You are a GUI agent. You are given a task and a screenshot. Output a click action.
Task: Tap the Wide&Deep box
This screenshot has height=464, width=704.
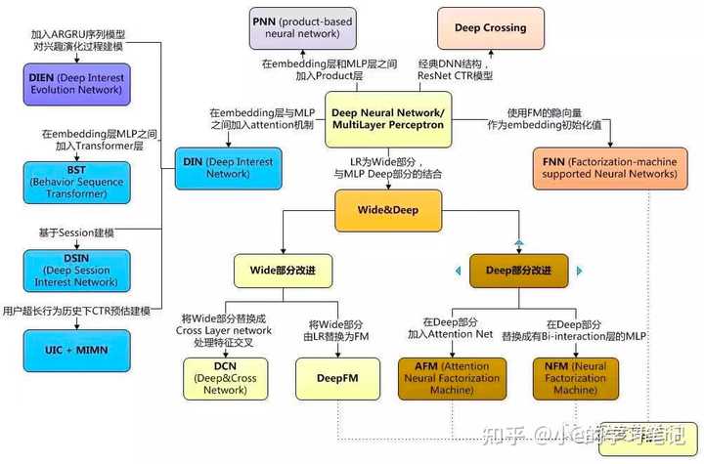point(388,208)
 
